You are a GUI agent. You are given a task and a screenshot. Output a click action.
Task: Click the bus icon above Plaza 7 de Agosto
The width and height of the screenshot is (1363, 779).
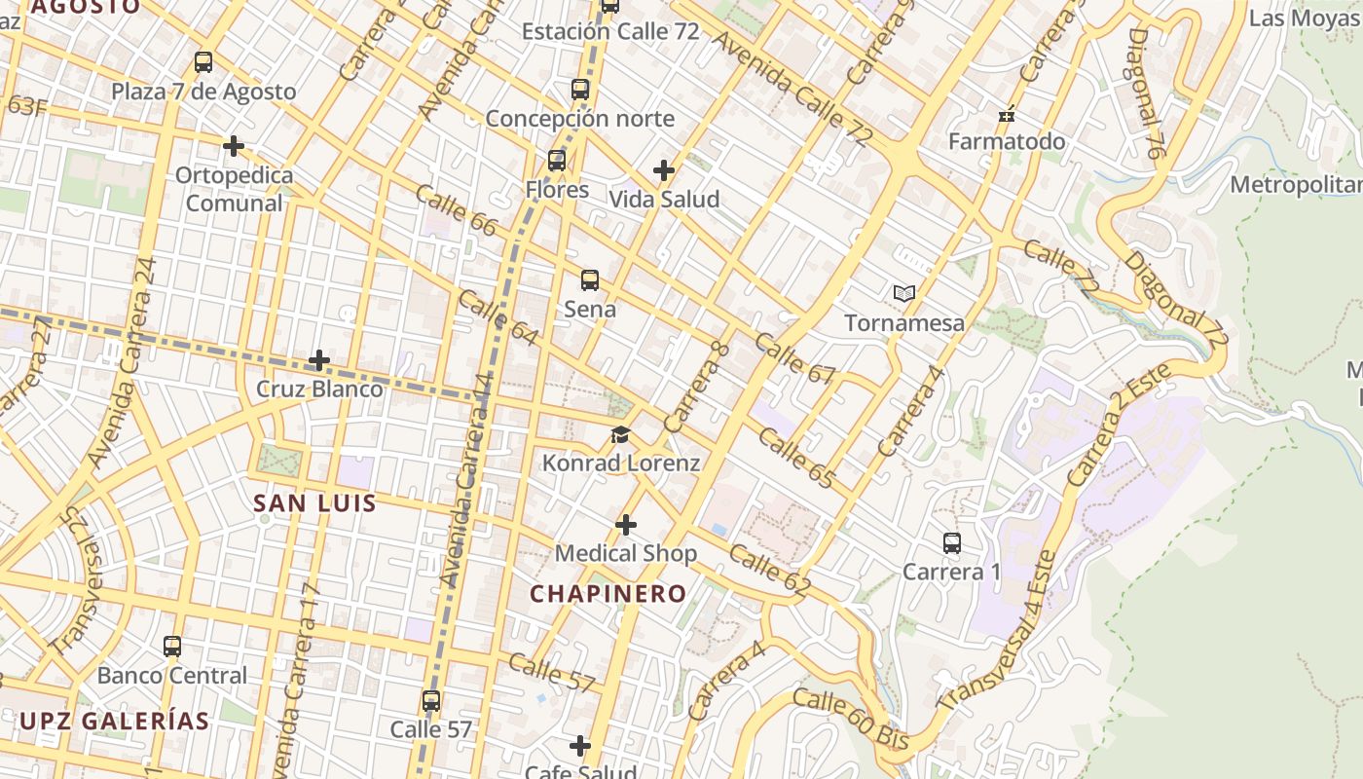pos(203,62)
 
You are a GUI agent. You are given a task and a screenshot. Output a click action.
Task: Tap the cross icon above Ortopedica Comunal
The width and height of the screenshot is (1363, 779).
pos(234,146)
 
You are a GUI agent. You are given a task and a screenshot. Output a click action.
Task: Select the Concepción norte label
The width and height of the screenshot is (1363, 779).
pos(579,119)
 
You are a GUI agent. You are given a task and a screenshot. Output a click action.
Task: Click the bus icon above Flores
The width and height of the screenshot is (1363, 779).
pos(557,161)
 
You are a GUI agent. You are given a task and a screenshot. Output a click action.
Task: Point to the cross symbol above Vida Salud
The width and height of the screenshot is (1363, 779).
pos(664,170)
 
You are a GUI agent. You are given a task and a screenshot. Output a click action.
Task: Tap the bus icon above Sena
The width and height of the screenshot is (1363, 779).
pos(590,280)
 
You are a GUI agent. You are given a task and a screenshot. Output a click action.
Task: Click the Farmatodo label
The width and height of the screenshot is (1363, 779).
pos(1007,141)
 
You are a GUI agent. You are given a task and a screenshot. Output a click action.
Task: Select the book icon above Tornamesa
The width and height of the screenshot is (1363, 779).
pos(904,293)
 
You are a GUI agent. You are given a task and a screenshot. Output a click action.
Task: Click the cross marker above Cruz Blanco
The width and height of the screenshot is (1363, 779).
pos(319,361)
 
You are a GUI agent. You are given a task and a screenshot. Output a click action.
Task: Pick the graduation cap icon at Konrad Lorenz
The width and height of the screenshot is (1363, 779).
pos(621,434)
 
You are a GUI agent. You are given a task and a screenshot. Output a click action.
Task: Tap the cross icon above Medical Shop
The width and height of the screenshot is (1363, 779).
pos(626,526)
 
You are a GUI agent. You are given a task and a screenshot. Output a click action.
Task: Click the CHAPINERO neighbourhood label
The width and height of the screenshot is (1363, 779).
pos(608,593)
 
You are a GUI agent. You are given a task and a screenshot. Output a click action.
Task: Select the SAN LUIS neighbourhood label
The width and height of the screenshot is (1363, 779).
pos(314,503)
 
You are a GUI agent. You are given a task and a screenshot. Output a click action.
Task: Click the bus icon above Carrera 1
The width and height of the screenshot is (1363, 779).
pos(952,543)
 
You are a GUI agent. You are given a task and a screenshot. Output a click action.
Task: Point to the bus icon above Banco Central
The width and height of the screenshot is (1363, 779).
pos(172,647)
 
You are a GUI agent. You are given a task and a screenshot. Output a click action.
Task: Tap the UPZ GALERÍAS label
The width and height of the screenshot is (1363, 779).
pos(114,721)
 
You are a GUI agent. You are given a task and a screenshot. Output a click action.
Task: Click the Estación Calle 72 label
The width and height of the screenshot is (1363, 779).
pos(610,31)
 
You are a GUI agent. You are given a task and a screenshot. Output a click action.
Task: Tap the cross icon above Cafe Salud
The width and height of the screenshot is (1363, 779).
pos(580,747)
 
